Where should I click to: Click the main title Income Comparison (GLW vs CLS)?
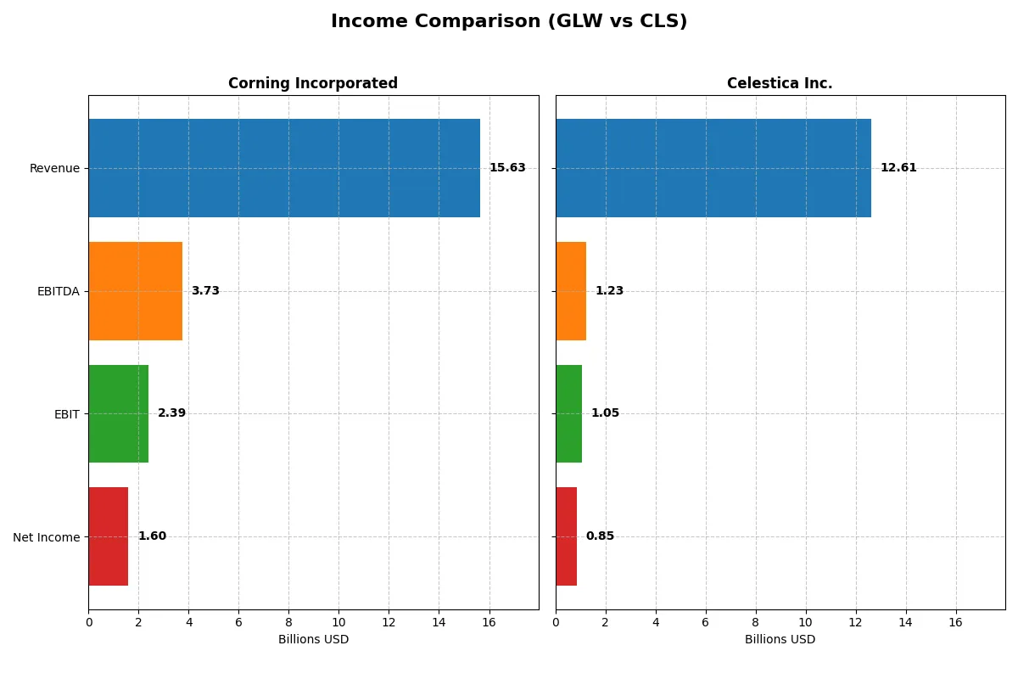coord(509,22)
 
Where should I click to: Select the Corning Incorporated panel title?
coord(312,83)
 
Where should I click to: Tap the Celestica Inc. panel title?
coord(780,83)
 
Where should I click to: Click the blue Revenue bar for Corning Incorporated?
coord(284,168)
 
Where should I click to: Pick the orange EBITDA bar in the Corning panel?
coord(136,291)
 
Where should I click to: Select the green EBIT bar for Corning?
coord(119,413)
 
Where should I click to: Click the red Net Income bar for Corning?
coord(109,536)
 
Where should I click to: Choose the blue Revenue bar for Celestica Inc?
coord(713,168)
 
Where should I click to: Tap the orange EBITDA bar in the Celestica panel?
coord(571,291)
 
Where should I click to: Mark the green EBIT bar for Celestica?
coord(568,413)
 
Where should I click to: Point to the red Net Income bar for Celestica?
coord(566,536)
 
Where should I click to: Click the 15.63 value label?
coord(507,168)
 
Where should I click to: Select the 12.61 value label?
coord(898,168)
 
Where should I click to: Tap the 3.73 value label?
coord(205,291)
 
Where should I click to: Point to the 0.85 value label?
coord(600,536)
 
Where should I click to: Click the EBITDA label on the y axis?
coord(58,291)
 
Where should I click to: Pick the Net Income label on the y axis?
coord(46,537)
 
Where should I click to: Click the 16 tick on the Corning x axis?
coord(489,622)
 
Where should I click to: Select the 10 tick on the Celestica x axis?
coord(806,622)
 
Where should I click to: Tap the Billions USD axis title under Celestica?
coord(780,639)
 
